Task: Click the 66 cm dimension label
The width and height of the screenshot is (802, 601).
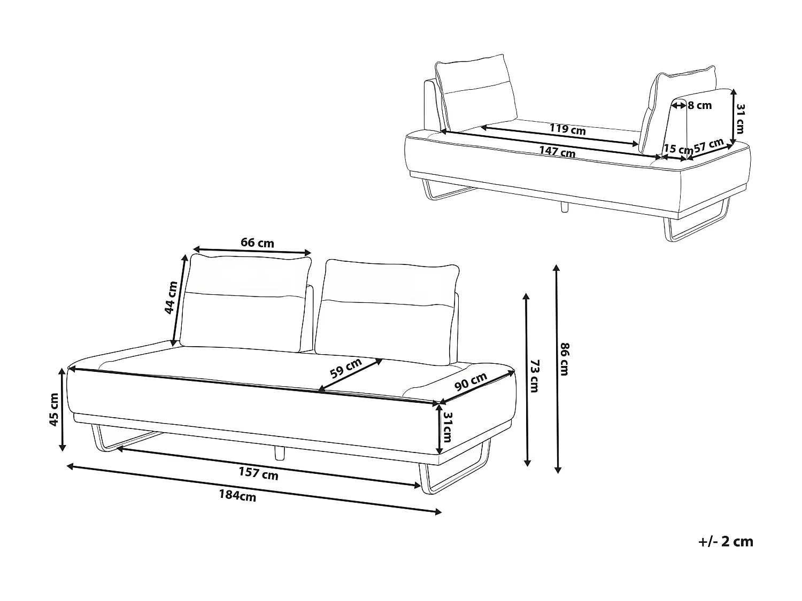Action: click(x=257, y=243)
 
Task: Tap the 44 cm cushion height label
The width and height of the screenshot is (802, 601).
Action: click(x=171, y=297)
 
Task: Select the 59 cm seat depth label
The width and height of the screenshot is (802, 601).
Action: click(x=345, y=368)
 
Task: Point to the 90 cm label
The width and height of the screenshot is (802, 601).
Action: click(x=471, y=381)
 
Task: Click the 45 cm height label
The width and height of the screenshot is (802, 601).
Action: click(x=54, y=410)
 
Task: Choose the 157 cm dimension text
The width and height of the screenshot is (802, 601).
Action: click(x=258, y=473)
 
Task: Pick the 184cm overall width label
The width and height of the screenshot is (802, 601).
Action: click(x=237, y=496)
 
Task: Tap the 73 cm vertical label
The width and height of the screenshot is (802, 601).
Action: click(x=534, y=376)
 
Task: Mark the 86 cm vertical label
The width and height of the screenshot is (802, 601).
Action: click(x=564, y=359)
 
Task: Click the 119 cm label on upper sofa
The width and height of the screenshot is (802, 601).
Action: click(x=568, y=129)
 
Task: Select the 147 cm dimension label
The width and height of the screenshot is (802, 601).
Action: click(x=557, y=152)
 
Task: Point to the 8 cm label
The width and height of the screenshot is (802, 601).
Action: click(x=700, y=106)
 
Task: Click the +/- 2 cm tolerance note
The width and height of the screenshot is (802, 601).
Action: click(x=726, y=542)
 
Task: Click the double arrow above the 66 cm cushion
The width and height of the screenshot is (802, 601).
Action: click(x=252, y=251)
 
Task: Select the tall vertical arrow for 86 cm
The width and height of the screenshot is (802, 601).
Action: click(x=558, y=369)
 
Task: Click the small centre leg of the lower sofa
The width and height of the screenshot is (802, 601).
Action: click(x=279, y=452)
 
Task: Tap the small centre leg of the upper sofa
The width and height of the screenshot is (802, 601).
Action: click(x=564, y=207)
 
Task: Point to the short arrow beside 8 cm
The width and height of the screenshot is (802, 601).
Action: click(x=679, y=106)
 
